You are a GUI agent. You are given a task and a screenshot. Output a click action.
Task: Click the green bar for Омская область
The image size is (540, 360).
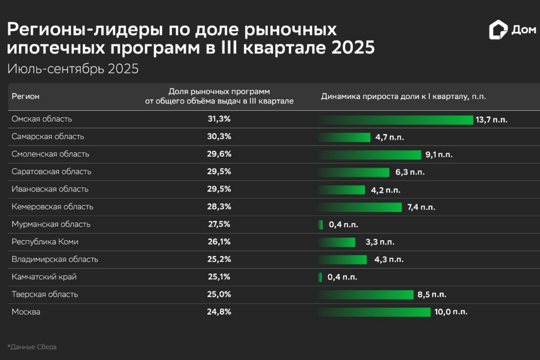pos(396,120)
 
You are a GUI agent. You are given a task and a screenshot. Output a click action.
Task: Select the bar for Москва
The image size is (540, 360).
pos(374,312)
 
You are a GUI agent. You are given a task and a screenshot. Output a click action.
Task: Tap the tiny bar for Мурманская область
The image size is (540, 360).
pos(321,225)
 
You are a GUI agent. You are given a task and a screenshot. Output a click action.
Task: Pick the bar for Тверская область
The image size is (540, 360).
pos(365,295)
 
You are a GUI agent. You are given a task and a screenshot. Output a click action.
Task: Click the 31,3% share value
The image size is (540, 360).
pos(219,119)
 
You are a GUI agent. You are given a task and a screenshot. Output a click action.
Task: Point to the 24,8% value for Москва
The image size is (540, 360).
pos(219,312)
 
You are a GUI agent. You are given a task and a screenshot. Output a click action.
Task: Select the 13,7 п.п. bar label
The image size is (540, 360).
pos(491,120)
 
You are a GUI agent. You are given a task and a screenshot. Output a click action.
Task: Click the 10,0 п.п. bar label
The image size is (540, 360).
pos(450,312)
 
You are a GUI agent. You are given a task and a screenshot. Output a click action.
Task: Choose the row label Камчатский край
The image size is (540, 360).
pos(40,277)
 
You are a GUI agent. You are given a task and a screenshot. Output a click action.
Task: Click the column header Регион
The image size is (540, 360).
pos(25,96)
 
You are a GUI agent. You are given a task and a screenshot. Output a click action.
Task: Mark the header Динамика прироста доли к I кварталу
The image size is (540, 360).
pos(403,96)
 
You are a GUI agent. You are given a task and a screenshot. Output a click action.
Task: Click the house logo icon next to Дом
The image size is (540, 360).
pos(497,30)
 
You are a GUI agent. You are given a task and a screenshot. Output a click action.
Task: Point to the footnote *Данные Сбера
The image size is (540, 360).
pos(32,347)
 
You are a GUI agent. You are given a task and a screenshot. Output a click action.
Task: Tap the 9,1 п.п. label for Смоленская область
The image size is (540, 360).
pos(439,155)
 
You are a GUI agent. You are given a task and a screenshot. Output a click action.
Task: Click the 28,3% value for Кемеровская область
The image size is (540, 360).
pos(219,207)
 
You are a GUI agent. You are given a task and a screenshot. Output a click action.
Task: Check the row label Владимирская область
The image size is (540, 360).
pos(55,259)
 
